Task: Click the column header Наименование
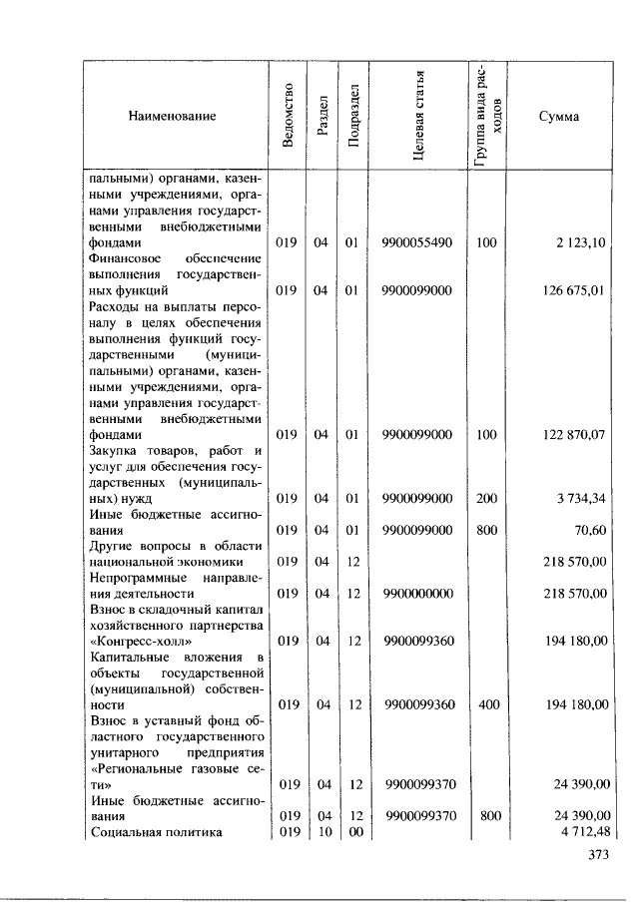172,117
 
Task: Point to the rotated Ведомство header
288,116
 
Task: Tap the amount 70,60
590,530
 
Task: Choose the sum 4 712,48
582,831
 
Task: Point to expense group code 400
486,704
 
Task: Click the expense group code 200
486,498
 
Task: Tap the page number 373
597,854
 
